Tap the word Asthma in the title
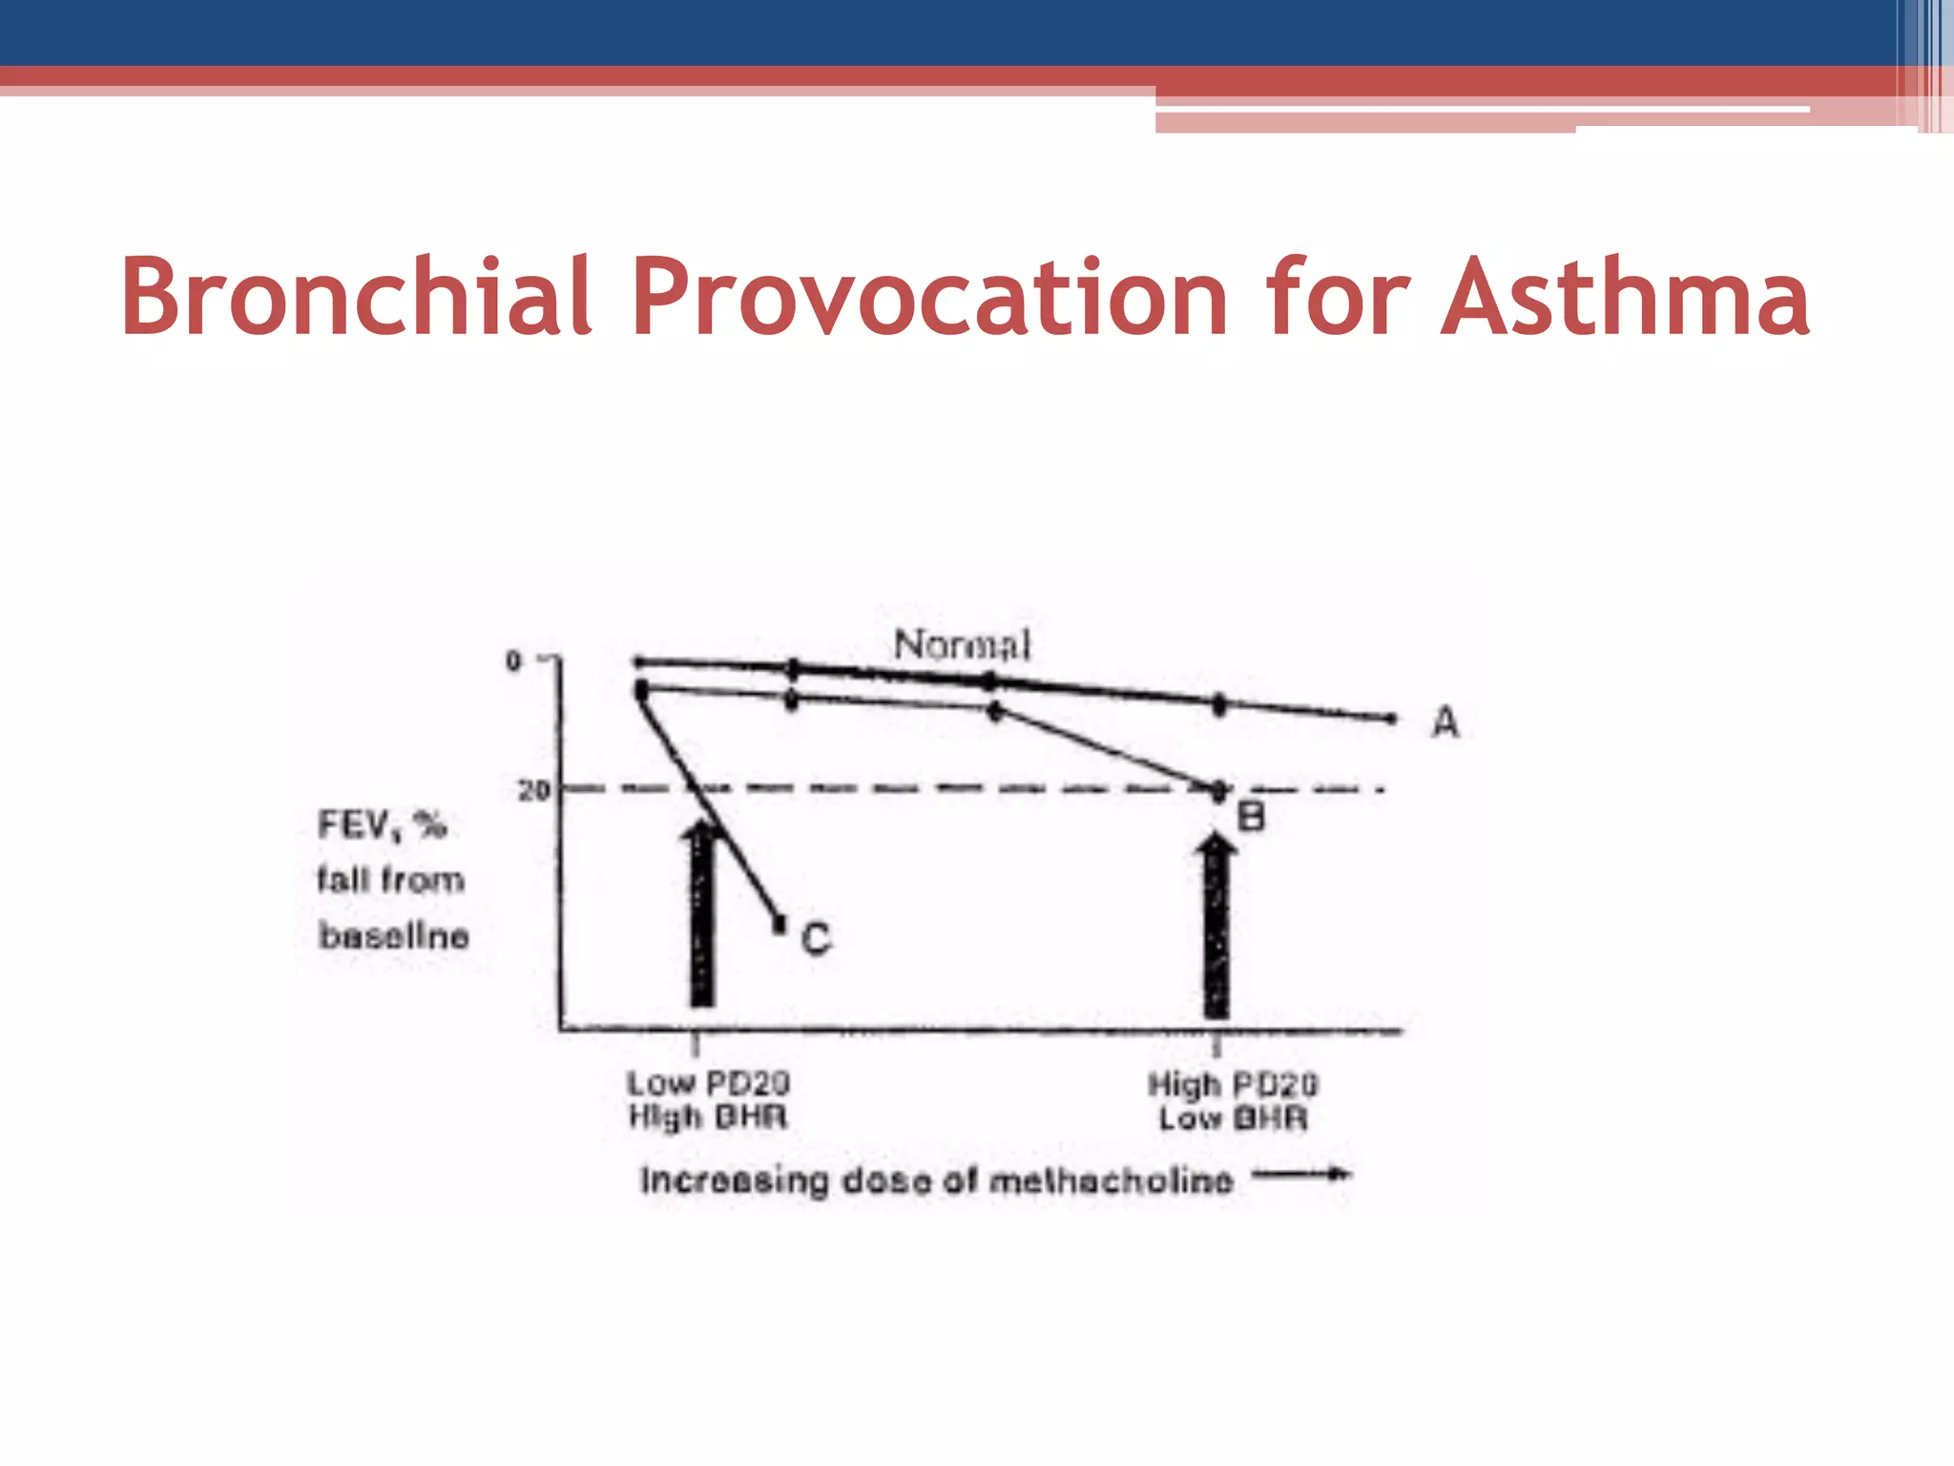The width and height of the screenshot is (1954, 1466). (1624, 297)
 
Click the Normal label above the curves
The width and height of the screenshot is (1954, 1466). (962, 645)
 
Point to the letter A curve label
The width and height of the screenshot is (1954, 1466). (1445, 723)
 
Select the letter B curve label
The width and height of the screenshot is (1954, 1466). (1251, 817)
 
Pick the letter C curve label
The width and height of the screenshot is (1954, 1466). (816, 939)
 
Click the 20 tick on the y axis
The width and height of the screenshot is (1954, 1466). (534, 790)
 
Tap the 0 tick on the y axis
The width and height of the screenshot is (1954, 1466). (513, 660)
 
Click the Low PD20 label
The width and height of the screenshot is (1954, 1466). (708, 1083)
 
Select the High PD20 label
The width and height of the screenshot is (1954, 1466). (1233, 1084)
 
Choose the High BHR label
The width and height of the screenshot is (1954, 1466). (708, 1117)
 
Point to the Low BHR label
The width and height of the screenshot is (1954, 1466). (1233, 1118)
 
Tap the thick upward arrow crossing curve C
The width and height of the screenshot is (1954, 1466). (702, 916)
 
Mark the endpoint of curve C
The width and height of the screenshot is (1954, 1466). (780, 923)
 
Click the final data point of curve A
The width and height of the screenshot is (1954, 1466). (1391, 718)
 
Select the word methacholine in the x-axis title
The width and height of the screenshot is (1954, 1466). (1112, 1182)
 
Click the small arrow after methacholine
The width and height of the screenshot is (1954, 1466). (1301, 1175)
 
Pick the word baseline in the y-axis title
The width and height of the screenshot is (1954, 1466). (394, 935)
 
